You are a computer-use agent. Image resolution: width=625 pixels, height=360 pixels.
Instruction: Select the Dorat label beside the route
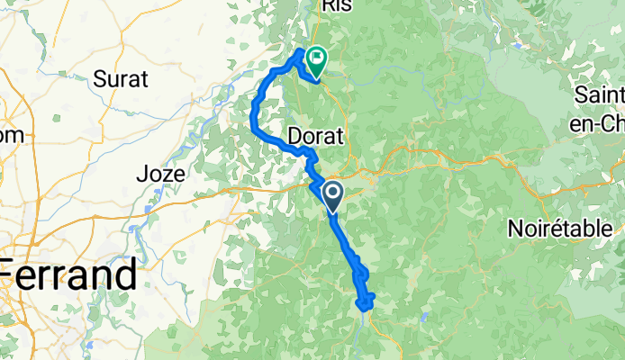click(x=317, y=137)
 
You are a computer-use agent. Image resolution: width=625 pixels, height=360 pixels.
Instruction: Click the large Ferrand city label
click(x=70, y=272)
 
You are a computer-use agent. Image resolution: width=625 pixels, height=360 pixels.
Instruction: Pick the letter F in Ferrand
click(x=13, y=272)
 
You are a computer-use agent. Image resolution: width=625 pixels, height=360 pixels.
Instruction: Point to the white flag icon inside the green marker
click(x=318, y=58)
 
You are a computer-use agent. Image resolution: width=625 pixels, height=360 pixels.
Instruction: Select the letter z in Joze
click(x=169, y=173)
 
